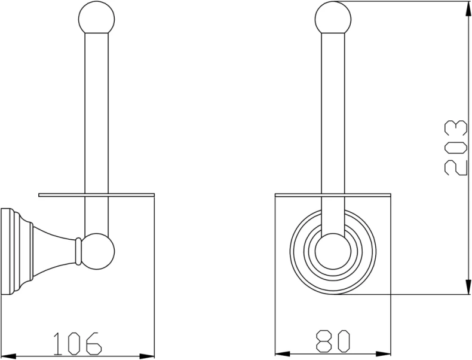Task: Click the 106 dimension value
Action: [x=77, y=343]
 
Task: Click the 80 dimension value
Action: [x=333, y=341]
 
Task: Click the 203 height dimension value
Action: [x=455, y=148]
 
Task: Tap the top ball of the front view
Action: [x=333, y=17]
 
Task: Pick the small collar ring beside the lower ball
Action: [x=78, y=251]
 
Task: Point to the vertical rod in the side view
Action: [x=96, y=133]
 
